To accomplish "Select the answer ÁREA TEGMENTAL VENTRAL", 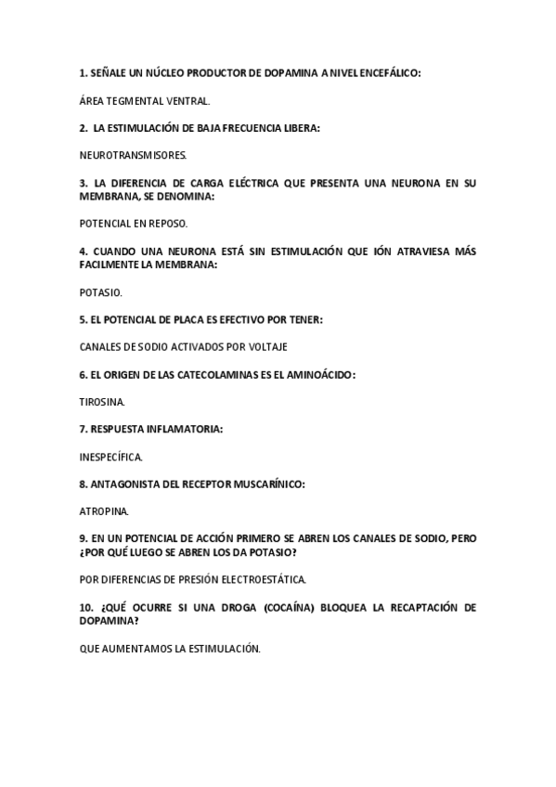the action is [x=145, y=99].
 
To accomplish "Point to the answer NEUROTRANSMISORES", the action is [x=134, y=156].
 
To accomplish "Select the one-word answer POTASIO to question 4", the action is [x=100, y=291].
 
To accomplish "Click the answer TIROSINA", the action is [x=102, y=403].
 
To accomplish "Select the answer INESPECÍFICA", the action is [x=111, y=457].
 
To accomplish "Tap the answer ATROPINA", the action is [x=104, y=511].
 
